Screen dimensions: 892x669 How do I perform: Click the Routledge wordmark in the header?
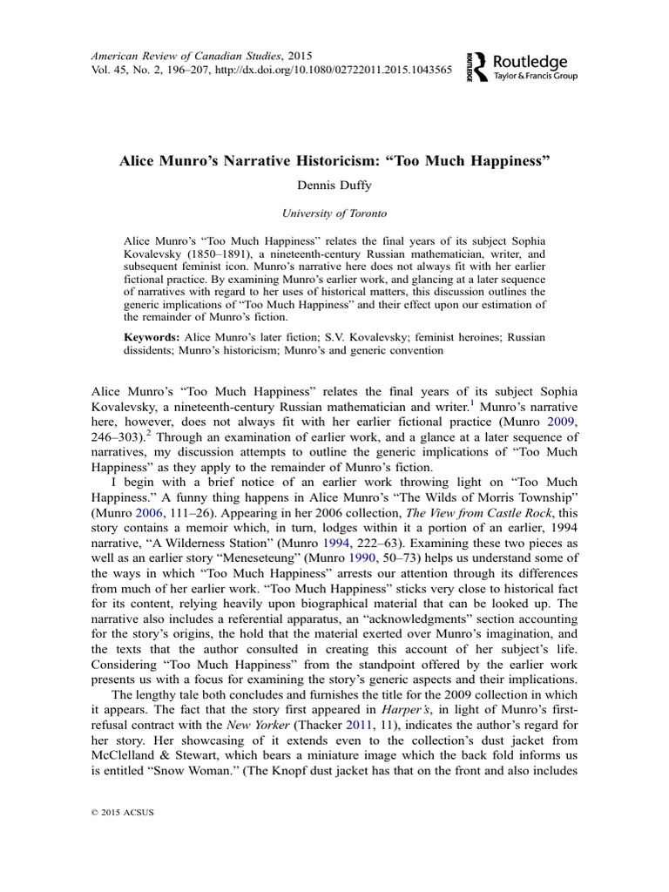coord(530,62)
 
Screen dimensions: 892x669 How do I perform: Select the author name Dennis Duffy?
coord(335,184)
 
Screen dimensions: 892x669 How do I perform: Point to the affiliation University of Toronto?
coord(335,212)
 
